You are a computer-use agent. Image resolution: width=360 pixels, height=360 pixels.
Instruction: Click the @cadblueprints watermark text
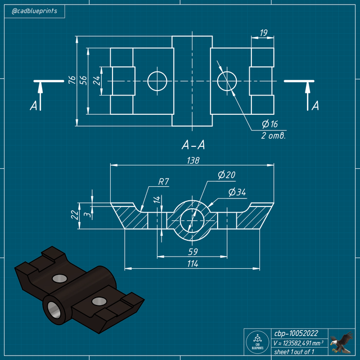[34, 11]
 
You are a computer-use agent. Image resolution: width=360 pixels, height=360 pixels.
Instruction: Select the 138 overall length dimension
[192, 160]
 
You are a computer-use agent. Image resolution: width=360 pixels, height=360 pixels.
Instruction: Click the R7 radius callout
[164, 182]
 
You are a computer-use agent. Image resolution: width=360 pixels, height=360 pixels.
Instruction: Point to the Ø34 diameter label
[237, 192]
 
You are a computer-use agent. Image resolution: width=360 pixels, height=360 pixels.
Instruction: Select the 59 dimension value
[193, 252]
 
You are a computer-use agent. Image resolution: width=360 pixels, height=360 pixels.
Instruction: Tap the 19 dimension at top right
[263, 33]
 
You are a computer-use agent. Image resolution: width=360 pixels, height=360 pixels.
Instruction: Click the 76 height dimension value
[72, 80]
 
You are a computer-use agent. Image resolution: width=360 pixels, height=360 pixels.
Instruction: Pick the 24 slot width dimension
[96, 80]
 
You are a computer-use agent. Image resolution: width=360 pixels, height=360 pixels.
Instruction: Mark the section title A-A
[193, 145]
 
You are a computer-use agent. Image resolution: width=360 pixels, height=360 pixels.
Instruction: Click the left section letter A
[34, 105]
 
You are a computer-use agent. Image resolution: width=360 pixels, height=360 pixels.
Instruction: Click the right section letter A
[315, 105]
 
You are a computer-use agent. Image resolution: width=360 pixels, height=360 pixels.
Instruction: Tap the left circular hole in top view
[157, 81]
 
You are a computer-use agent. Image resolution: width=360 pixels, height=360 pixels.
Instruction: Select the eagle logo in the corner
[341, 341]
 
